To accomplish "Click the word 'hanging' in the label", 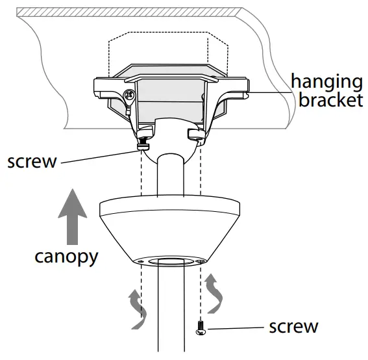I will [x=326, y=83].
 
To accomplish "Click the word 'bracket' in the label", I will [x=326, y=101].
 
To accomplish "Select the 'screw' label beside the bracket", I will [x=32, y=161].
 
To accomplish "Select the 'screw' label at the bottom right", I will [x=294, y=326].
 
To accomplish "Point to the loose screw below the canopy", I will [x=201, y=330].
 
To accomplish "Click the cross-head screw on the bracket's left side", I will [x=129, y=96].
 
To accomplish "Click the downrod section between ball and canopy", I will [x=171, y=175].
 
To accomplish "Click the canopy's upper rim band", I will [x=171, y=208].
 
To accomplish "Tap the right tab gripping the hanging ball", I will [x=195, y=135].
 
